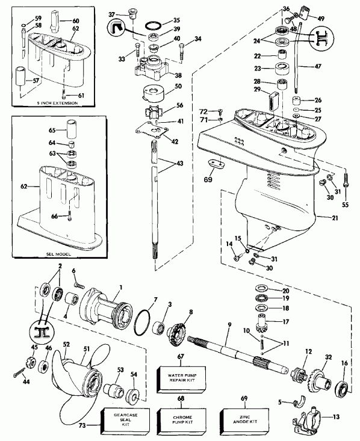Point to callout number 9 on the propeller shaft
coord(229,325)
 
